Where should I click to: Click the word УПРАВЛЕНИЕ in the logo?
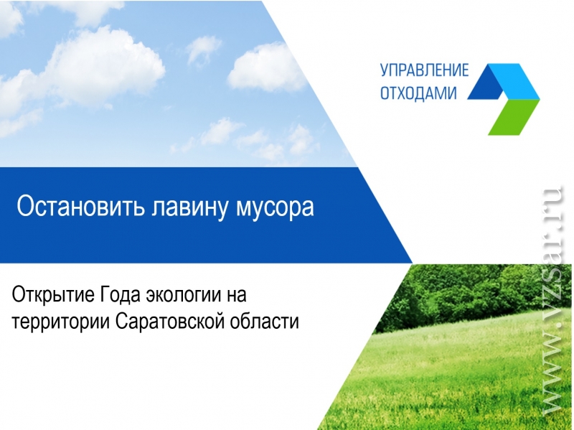click(424, 70)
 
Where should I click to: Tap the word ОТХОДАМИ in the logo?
click(418, 93)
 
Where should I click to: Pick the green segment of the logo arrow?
click(514, 117)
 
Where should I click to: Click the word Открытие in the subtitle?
click(53, 295)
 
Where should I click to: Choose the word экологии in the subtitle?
click(182, 296)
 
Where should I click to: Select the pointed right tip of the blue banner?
click(412, 263)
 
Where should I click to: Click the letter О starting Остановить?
click(25, 206)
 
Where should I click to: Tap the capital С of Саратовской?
click(123, 322)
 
